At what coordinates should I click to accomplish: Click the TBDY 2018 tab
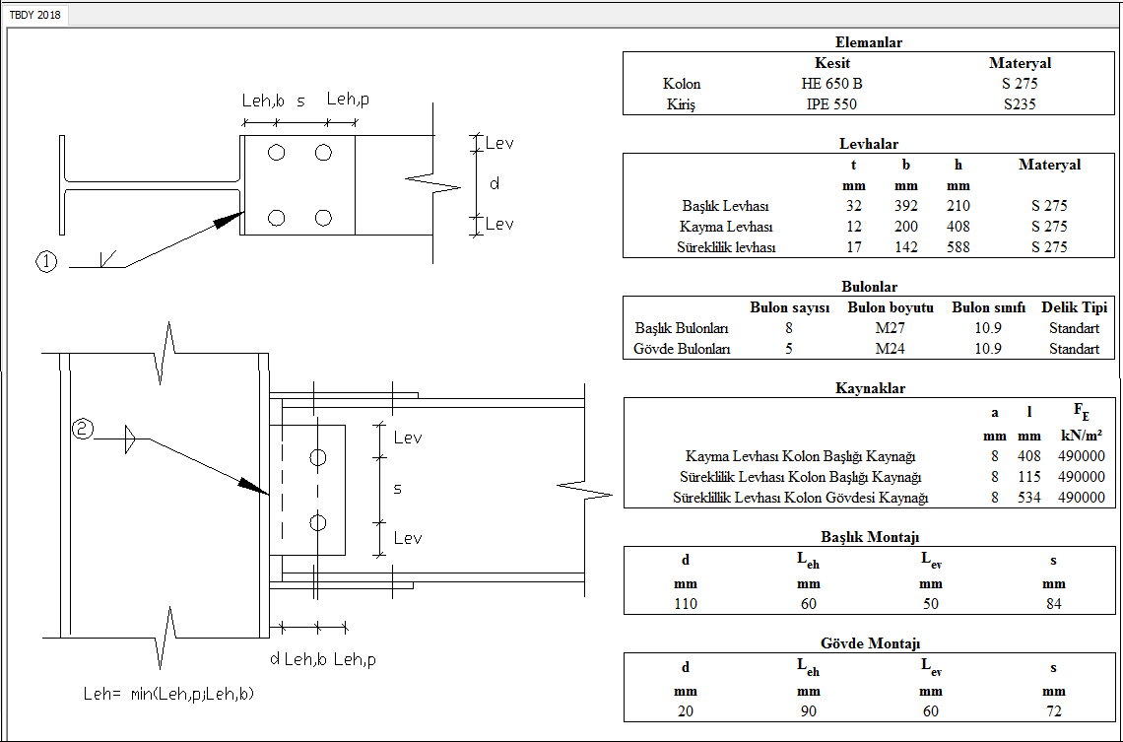(34, 15)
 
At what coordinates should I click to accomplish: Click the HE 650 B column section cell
(831, 84)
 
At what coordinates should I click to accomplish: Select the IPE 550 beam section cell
(831, 104)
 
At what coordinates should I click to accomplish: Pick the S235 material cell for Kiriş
(1020, 104)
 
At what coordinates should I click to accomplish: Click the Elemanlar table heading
(868, 42)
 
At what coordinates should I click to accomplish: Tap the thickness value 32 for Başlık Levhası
(853, 206)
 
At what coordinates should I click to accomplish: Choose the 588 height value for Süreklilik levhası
(958, 247)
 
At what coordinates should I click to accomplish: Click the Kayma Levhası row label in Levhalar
(725, 227)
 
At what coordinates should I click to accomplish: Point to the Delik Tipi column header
(1074, 307)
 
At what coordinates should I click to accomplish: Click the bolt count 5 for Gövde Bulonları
(789, 349)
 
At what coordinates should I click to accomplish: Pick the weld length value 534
(1028, 498)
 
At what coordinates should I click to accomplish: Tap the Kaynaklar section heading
(869, 388)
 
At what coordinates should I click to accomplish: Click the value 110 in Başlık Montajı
(686, 604)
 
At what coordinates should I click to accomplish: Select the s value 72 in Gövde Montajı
(1053, 710)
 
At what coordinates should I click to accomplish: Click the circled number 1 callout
(46, 261)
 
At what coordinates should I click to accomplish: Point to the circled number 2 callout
(83, 429)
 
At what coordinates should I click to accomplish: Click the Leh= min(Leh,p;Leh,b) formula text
(168, 694)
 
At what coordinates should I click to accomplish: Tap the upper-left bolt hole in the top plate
(277, 153)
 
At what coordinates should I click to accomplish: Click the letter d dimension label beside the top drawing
(495, 183)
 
